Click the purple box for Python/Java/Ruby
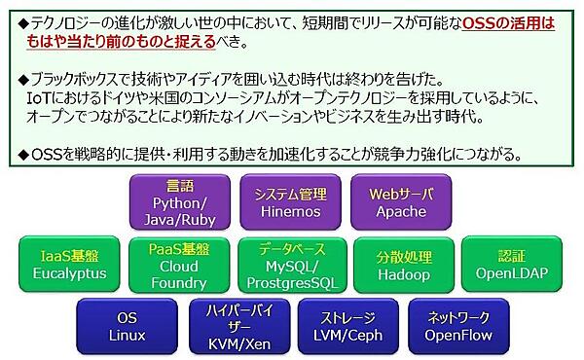(180, 202)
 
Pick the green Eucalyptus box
(68, 265)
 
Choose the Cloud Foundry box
(178, 265)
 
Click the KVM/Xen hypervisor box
(237, 326)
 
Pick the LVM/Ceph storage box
(348, 326)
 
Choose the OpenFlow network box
(456, 326)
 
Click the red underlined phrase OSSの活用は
(512, 20)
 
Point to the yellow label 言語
(180, 185)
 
